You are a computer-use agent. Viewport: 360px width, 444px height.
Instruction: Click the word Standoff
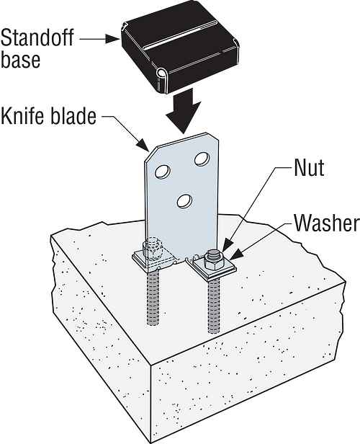point(37,37)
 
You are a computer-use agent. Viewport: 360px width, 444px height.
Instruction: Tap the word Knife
point(24,115)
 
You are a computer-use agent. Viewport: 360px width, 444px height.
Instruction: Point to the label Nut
point(309,167)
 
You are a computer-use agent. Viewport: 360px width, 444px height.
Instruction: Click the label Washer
point(327,222)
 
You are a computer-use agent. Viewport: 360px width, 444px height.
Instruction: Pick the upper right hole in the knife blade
point(202,159)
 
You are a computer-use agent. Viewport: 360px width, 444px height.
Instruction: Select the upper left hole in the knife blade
point(162,171)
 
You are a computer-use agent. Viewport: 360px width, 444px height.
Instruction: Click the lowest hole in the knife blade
point(184,201)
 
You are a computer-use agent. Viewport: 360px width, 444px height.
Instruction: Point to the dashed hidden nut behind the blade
point(153,248)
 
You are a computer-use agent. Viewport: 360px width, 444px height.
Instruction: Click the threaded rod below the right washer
point(214,306)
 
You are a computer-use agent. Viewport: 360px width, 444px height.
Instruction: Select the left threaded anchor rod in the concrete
point(153,297)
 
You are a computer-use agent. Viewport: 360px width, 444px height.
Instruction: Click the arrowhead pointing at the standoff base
point(113,38)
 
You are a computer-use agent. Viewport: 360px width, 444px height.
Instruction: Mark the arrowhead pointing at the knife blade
point(143,144)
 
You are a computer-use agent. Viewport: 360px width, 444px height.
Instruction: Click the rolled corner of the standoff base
point(162,73)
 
